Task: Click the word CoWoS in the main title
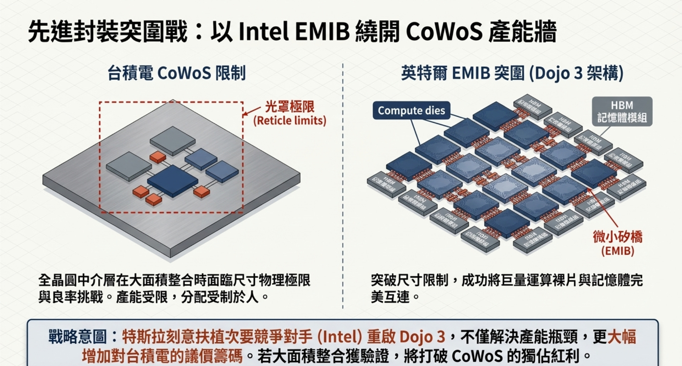click(x=444, y=32)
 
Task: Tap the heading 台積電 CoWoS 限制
click(x=176, y=73)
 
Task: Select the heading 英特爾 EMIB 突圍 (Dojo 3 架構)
click(x=512, y=73)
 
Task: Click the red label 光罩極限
click(x=290, y=107)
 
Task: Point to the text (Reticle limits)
click(x=290, y=121)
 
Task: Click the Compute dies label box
click(x=411, y=111)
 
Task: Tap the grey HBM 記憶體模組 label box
click(x=622, y=111)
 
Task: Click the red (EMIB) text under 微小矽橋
click(x=617, y=251)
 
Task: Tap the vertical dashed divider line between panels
click(x=343, y=184)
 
